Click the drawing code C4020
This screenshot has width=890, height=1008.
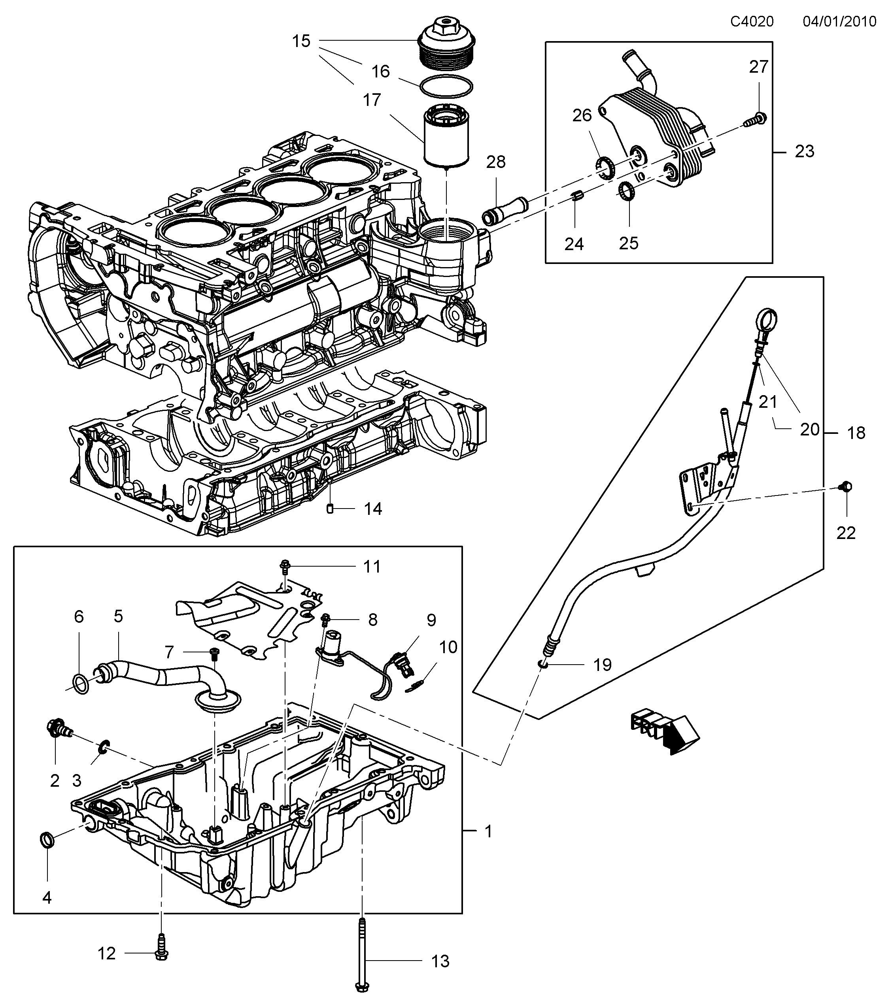(752, 21)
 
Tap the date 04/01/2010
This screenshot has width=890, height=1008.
(839, 21)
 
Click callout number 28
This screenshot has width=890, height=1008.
(496, 162)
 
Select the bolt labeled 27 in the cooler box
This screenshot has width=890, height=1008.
(754, 119)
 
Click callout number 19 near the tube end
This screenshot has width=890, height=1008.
(603, 665)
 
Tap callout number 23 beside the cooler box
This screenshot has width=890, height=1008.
(804, 151)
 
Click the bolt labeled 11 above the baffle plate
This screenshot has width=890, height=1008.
(285, 567)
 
